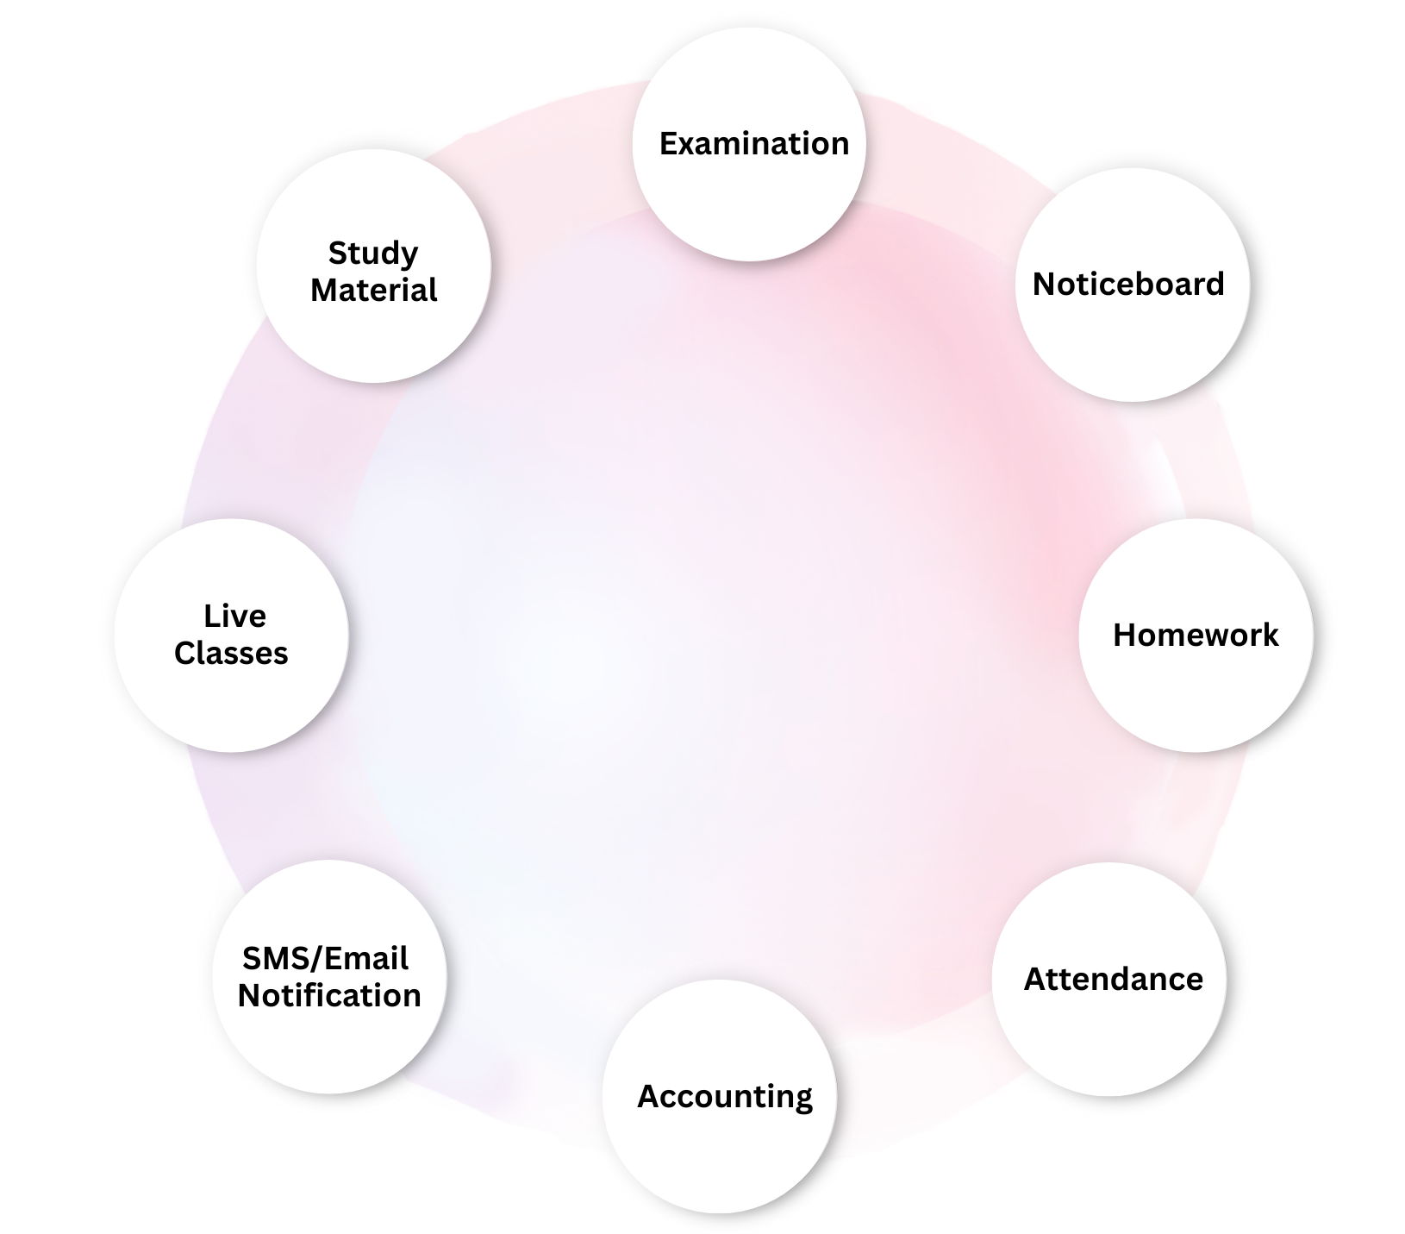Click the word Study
[x=373, y=254]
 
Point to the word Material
[x=373, y=291]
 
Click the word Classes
[x=231, y=654]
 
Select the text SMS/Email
[x=325, y=959]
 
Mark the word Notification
[x=329, y=996]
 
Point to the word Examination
[x=754, y=144]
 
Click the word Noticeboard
[x=1128, y=285]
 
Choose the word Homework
[x=1196, y=636]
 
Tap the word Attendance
[x=1113, y=980]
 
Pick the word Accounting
[x=725, y=1097]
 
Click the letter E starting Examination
[x=667, y=144]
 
